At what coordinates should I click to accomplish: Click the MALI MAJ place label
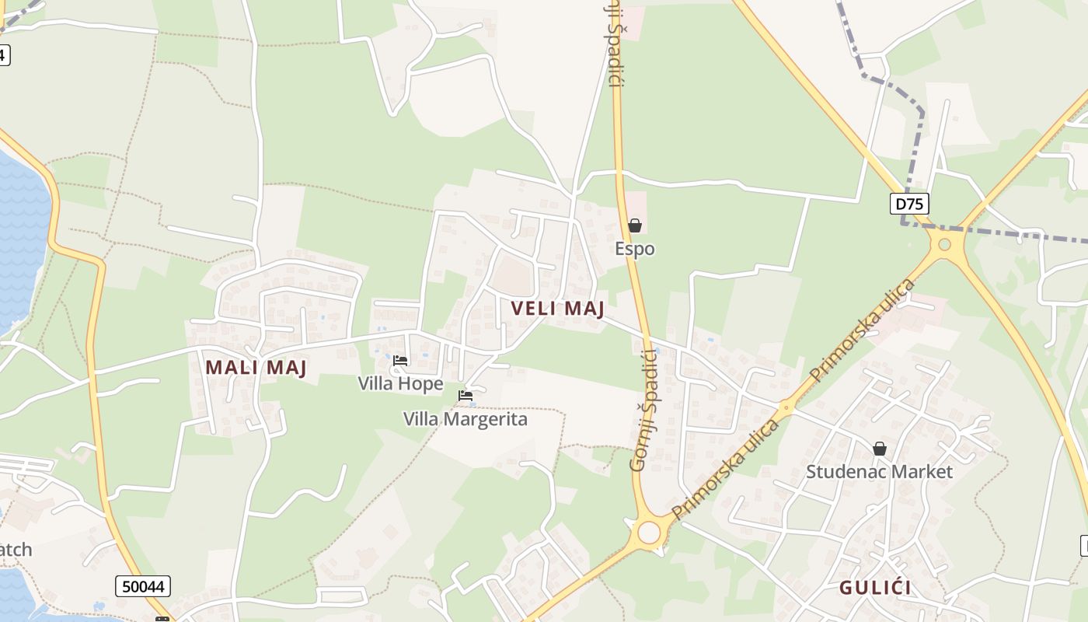click(x=256, y=368)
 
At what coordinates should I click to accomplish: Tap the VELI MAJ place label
click(x=557, y=309)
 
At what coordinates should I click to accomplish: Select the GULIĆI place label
click(x=875, y=588)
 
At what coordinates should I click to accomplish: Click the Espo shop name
click(x=635, y=249)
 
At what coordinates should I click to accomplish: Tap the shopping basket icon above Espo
click(x=635, y=225)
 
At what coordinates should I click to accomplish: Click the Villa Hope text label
click(x=400, y=383)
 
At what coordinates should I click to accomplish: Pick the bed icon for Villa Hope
click(x=400, y=361)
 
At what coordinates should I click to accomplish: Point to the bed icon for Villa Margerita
click(x=466, y=396)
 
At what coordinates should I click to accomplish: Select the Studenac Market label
click(x=879, y=471)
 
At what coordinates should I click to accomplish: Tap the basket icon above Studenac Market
click(x=880, y=449)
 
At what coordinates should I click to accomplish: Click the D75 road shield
click(x=909, y=204)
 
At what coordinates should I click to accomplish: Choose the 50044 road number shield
click(x=143, y=586)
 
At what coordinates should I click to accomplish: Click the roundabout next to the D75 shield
click(x=944, y=245)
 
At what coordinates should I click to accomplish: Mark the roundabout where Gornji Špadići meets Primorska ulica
click(x=648, y=533)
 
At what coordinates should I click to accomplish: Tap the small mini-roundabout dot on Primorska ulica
click(x=786, y=406)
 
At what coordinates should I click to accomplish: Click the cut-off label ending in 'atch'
click(x=16, y=550)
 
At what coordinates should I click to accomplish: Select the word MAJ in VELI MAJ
click(x=584, y=309)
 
